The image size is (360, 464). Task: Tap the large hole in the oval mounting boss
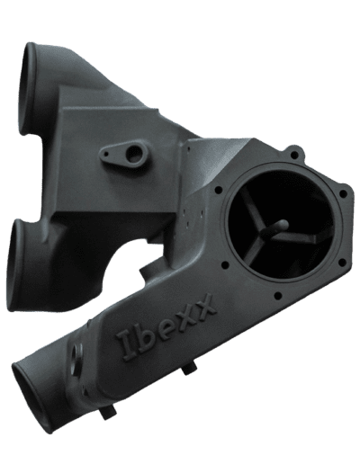133,153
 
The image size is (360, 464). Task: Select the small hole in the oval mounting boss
106,154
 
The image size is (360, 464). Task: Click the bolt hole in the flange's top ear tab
294,155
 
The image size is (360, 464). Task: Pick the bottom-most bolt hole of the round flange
278,296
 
